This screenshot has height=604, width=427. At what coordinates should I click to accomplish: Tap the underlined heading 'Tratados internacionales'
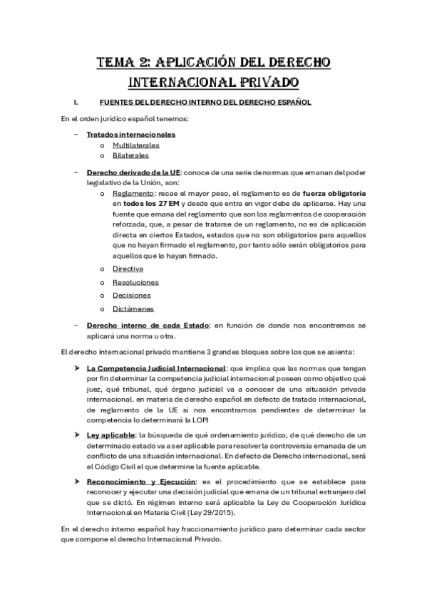point(131,134)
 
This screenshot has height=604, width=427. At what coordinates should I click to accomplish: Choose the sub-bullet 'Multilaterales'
point(135,145)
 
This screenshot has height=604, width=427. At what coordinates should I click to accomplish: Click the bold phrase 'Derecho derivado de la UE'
point(133,172)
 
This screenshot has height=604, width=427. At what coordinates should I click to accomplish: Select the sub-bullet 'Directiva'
point(128,269)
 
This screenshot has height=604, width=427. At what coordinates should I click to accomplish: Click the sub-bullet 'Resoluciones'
point(135,282)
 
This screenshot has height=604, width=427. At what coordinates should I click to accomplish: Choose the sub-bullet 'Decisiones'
point(132,295)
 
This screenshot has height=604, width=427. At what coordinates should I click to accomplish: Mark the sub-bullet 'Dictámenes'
point(133,308)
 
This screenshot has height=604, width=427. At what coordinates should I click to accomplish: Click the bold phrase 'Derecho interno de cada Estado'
point(148,326)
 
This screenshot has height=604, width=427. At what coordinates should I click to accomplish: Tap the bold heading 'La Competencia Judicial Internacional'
point(154,368)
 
